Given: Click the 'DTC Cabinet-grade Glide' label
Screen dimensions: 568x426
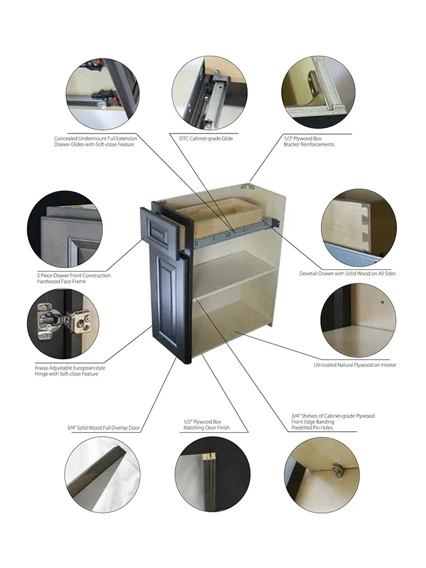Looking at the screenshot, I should (202, 139).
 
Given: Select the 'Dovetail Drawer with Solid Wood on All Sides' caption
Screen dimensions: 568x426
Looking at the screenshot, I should (348, 274).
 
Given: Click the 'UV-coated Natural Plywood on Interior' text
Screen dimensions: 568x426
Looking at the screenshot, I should (355, 365).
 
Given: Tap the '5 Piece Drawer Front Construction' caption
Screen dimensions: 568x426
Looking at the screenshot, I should (74, 276).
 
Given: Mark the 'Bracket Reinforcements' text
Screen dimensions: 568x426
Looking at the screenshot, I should (309, 145).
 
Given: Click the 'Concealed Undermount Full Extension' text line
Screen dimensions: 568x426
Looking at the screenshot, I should (95, 139).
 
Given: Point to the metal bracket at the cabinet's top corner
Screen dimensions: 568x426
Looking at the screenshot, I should (248, 185).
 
